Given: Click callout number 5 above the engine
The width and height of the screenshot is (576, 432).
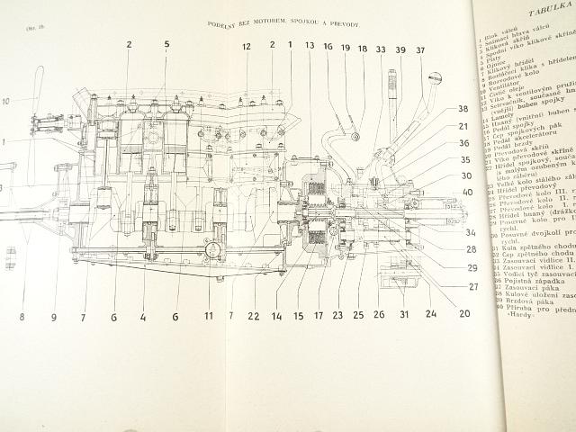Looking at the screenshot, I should (166, 43).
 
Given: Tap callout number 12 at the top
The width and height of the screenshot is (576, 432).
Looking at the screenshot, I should (246, 46).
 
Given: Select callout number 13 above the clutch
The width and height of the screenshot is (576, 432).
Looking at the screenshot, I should (309, 46).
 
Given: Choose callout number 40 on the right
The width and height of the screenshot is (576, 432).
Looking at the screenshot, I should (467, 191).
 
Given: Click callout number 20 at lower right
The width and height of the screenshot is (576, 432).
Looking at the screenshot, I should (463, 314).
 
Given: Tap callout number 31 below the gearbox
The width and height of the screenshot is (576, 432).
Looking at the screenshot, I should (404, 315).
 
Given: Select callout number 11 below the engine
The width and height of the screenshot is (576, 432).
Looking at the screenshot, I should (208, 317).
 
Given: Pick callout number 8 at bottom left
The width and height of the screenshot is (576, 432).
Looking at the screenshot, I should (22, 316).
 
